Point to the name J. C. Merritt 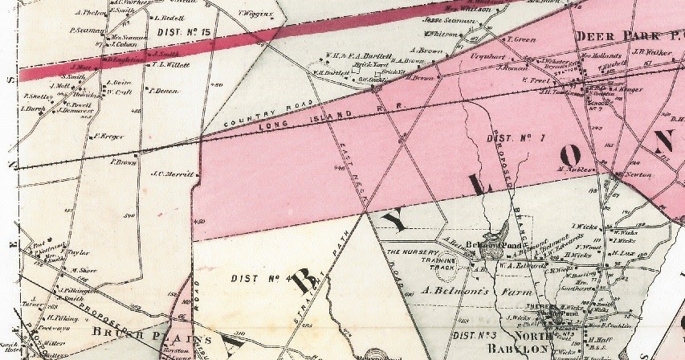[x=169, y=173]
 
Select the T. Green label [x=523, y=39]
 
